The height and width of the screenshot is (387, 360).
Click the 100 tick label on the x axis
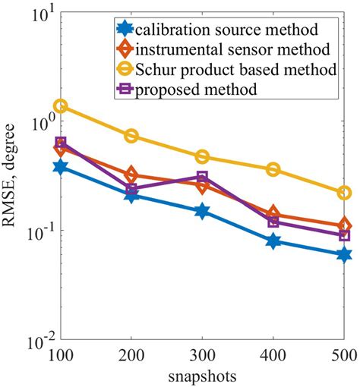61,356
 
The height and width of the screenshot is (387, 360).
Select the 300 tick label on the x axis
202,356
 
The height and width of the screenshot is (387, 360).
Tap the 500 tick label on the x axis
343,356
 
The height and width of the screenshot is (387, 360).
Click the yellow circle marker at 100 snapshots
61,106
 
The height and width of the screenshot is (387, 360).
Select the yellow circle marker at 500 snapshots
343,193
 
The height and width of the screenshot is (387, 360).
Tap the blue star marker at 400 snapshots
273,241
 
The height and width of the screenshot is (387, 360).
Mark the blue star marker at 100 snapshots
61,166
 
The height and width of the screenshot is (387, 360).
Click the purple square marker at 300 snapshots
202,178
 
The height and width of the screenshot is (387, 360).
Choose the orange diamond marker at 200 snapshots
131,175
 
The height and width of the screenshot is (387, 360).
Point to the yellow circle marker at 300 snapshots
202,156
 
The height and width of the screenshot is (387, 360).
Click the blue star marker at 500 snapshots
343,255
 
